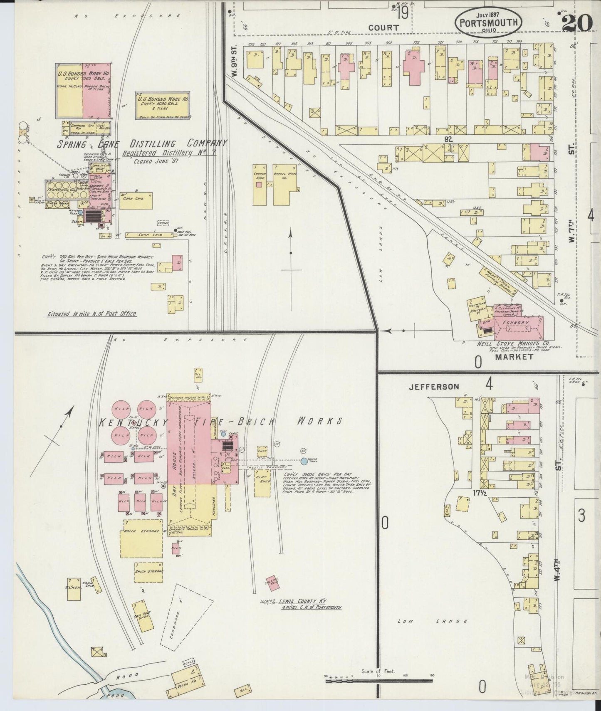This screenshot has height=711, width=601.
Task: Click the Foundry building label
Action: tap(515, 323)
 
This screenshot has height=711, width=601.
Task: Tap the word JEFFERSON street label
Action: tap(434, 387)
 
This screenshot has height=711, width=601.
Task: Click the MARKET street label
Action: tap(514, 357)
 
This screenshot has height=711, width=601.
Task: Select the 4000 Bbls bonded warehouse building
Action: tap(163, 106)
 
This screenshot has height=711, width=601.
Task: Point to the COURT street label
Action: tap(383, 28)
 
